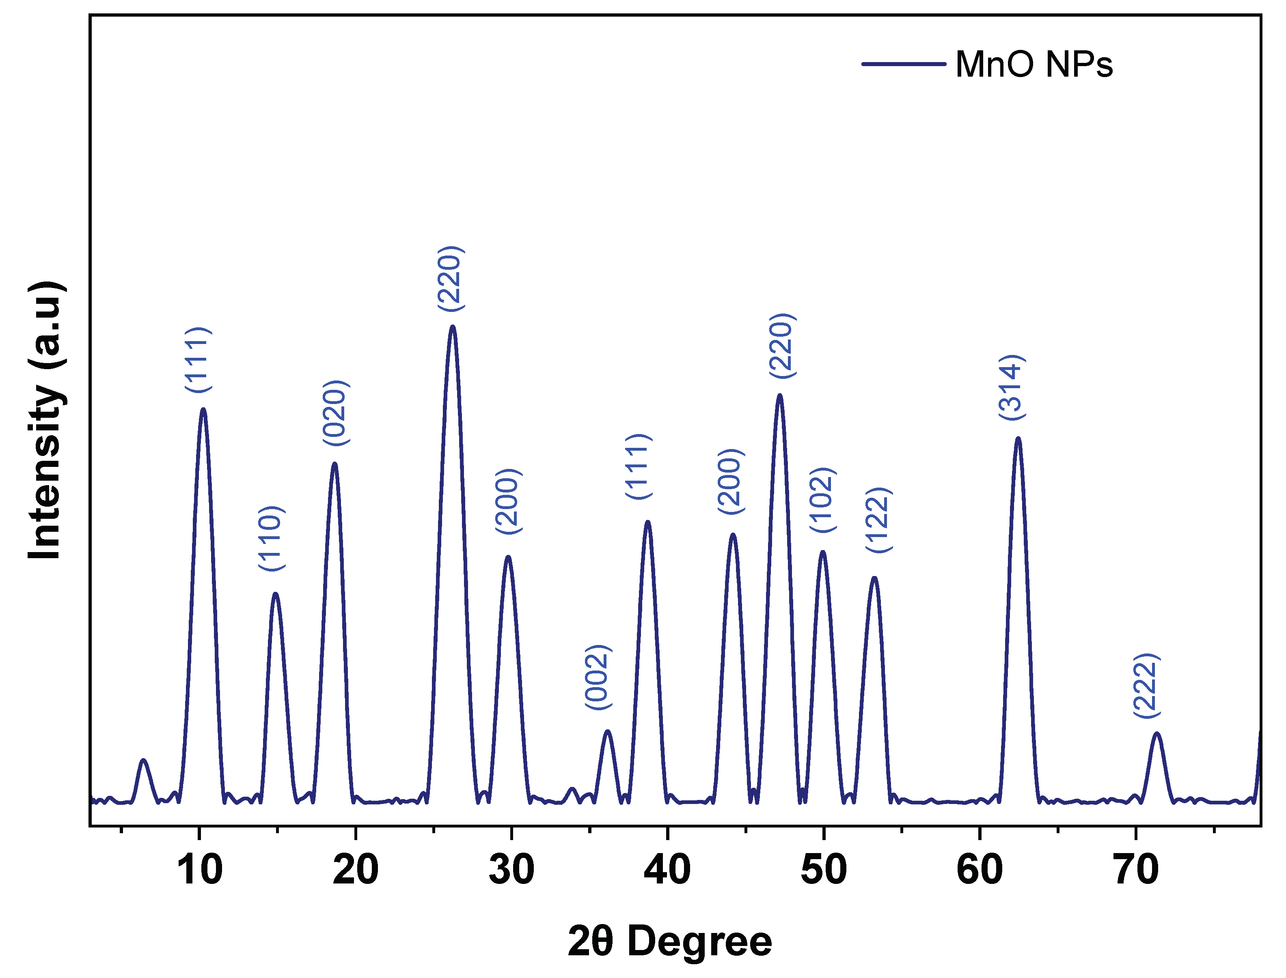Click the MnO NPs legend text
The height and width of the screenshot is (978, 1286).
point(1034,64)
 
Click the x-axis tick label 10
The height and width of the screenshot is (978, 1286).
point(199,870)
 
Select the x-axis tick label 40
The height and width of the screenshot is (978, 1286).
point(667,870)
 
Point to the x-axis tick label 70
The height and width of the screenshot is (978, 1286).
point(1135,870)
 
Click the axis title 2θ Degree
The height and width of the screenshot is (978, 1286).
point(670,941)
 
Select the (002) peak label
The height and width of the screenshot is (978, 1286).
point(598,677)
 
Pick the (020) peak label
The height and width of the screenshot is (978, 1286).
point(336,413)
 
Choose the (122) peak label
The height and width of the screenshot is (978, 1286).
point(879,520)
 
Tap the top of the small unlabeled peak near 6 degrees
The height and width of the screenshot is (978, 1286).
point(143,760)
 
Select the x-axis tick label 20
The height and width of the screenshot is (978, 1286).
point(355,870)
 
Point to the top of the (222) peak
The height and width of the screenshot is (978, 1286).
point(1157,733)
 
